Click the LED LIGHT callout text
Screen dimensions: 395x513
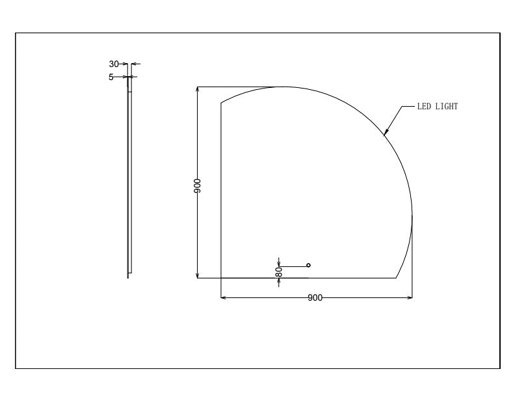click(437, 106)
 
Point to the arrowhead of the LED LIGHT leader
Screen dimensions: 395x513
click(386, 133)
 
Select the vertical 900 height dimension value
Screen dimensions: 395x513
click(197, 185)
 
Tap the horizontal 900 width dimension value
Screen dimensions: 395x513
click(315, 298)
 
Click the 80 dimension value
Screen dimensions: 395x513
click(278, 273)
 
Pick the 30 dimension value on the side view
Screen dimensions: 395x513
click(114, 64)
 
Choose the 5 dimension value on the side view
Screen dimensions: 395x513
click(111, 77)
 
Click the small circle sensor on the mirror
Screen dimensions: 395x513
click(308, 265)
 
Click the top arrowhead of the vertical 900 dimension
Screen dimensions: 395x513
click(197, 89)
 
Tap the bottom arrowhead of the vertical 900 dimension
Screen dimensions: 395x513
click(197, 275)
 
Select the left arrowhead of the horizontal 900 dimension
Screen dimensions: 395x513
click(224, 297)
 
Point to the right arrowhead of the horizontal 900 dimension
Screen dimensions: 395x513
click(410, 297)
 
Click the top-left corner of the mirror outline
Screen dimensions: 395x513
click(222, 104)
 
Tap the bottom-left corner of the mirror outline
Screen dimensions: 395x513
click(222, 278)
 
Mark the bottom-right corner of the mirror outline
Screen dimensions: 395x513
click(397, 278)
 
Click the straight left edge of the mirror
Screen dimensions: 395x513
click(222, 195)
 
